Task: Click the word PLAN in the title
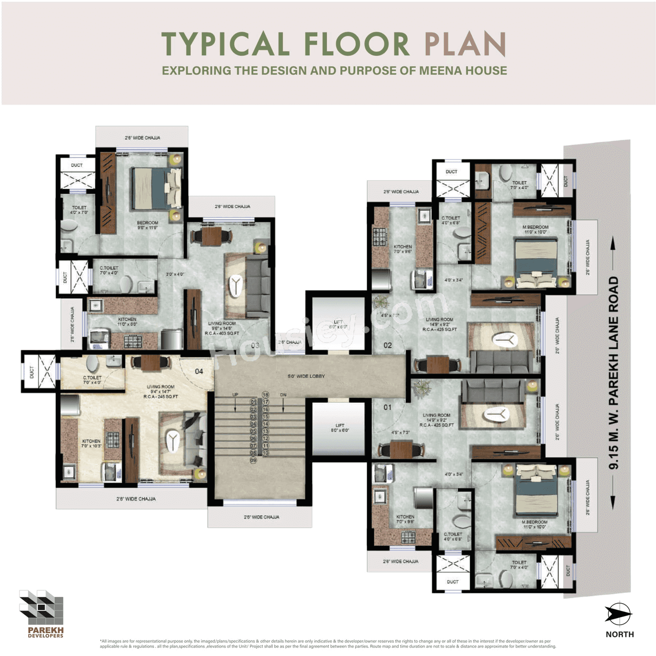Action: pyautogui.click(x=465, y=44)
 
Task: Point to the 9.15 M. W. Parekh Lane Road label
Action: pyautogui.click(x=613, y=373)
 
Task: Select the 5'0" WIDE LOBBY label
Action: pyautogui.click(x=306, y=376)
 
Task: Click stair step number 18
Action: pyautogui.click(x=265, y=395)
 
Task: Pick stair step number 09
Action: pyautogui.click(x=253, y=460)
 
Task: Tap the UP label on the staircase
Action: pyautogui.click(x=235, y=395)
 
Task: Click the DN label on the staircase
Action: pyautogui.click(x=283, y=395)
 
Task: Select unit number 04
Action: pyautogui.click(x=199, y=371)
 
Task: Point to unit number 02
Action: pyautogui.click(x=388, y=345)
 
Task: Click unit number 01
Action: pyautogui.click(x=388, y=407)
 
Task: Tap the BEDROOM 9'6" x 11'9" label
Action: pyautogui.click(x=148, y=225)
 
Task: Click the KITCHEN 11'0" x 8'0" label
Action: pyautogui.click(x=127, y=322)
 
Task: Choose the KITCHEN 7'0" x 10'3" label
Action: pyautogui.click(x=91, y=443)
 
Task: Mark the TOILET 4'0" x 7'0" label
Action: pyautogui.click(x=79, y=210)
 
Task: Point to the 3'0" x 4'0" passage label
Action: pyautogui.click(x=175, y=274)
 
